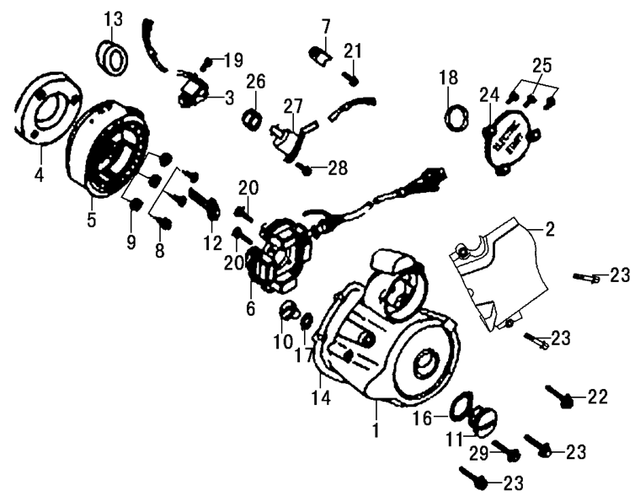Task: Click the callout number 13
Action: coord(113,19)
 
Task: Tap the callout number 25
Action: coord(542,65)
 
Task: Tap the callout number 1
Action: coord(376,430)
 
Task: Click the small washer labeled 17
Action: coord(307,321)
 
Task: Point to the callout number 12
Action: coord(212,243)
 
